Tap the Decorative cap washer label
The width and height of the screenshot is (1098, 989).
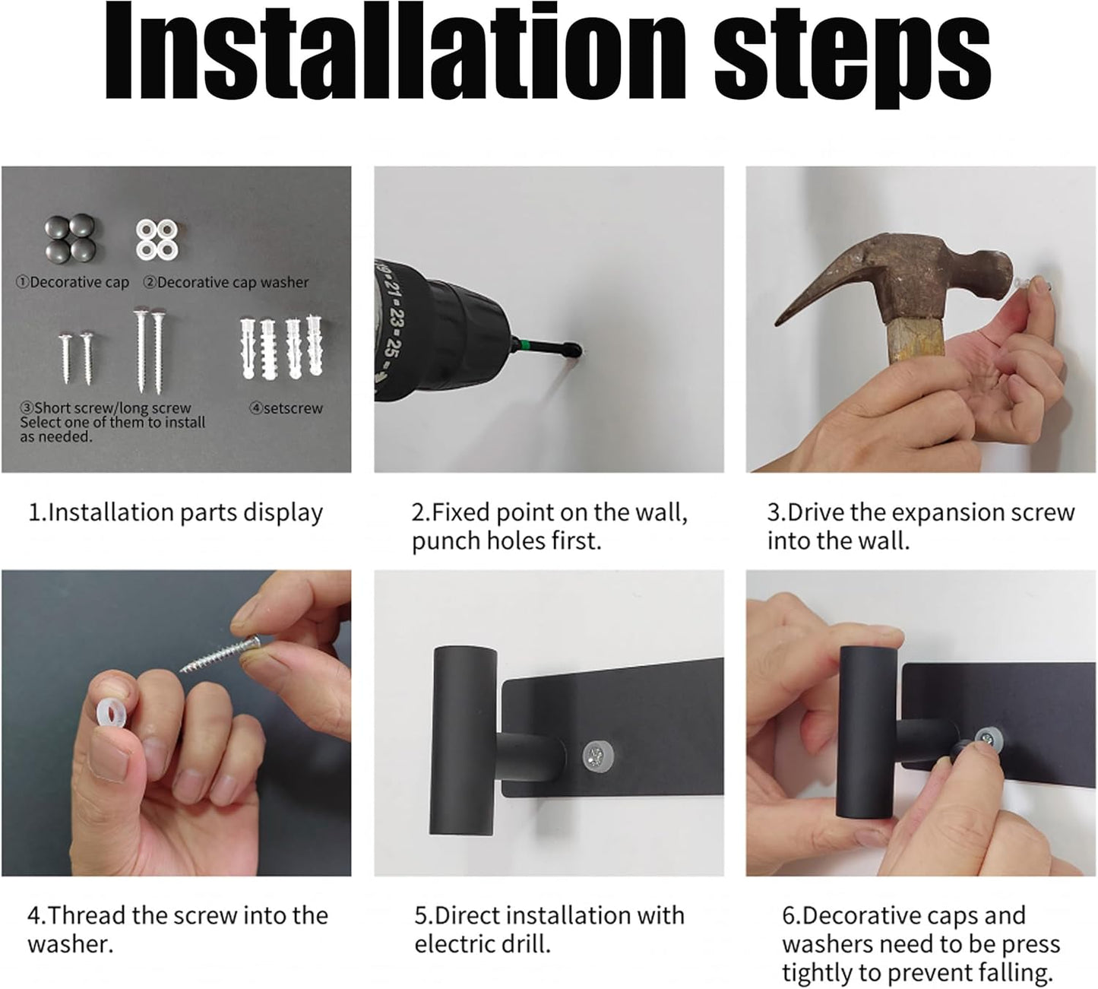226,283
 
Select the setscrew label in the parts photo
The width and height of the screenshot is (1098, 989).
286,408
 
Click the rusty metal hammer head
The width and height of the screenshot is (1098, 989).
897,279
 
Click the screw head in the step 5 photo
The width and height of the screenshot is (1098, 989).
598,757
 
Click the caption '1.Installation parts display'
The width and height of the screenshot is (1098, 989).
176,513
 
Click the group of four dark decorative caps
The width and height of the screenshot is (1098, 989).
70,236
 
